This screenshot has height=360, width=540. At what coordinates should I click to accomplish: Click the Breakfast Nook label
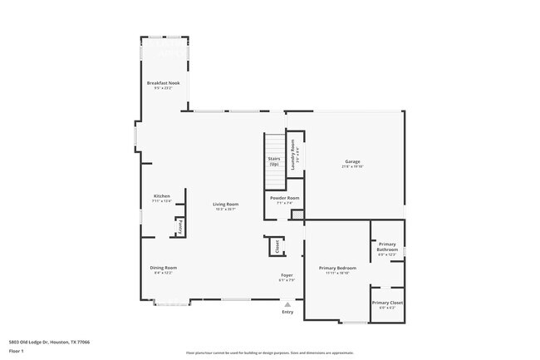click(x=164, y=83)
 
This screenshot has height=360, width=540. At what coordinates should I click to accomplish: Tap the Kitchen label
click(x=161, y=196)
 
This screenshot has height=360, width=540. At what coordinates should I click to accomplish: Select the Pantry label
click(x=179, y=225)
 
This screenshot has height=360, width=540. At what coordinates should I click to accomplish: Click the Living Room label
click(x=225, y=204)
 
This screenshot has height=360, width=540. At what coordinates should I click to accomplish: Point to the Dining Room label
click(x=164, y=267)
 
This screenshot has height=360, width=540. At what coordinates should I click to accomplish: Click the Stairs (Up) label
click(x=273, y=160)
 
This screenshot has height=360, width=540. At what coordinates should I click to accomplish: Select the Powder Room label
click(x=284, y=198)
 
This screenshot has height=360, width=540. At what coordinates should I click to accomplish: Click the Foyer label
click(x=286, y=275)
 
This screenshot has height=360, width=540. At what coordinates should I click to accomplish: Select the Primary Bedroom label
click(x=338, y=268)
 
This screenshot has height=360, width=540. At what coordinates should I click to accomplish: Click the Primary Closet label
click(x=387, y=303)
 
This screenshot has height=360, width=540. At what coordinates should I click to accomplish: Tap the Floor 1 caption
click(x=17, y=351)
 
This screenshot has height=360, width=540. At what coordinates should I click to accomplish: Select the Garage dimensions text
click(x=352, y=166)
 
